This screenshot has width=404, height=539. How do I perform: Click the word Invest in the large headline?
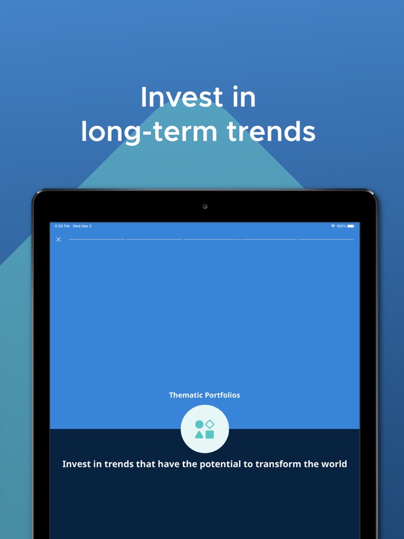pos(174,97)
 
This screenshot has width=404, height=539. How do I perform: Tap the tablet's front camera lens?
pos(205,206)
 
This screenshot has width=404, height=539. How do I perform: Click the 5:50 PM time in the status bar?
pos(62,226)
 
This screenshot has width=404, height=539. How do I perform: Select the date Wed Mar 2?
pos(82,226)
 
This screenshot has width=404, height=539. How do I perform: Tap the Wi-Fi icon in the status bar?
pos(333,226)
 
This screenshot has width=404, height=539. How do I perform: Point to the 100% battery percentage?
pos(341,226)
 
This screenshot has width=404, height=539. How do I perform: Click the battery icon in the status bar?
pos(351,226)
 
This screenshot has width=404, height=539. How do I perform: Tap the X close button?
pos(58,239)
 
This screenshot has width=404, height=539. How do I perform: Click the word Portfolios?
pos(223,395)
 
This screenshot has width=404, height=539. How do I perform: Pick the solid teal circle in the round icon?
pos(199,424)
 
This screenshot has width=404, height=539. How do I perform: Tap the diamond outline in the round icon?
pos(210,424)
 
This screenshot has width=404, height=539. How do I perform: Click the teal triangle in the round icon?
pos(199,435)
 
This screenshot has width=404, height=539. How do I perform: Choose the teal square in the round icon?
pos(210,435)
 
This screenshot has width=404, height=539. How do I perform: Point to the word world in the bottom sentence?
pos(335,464)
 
